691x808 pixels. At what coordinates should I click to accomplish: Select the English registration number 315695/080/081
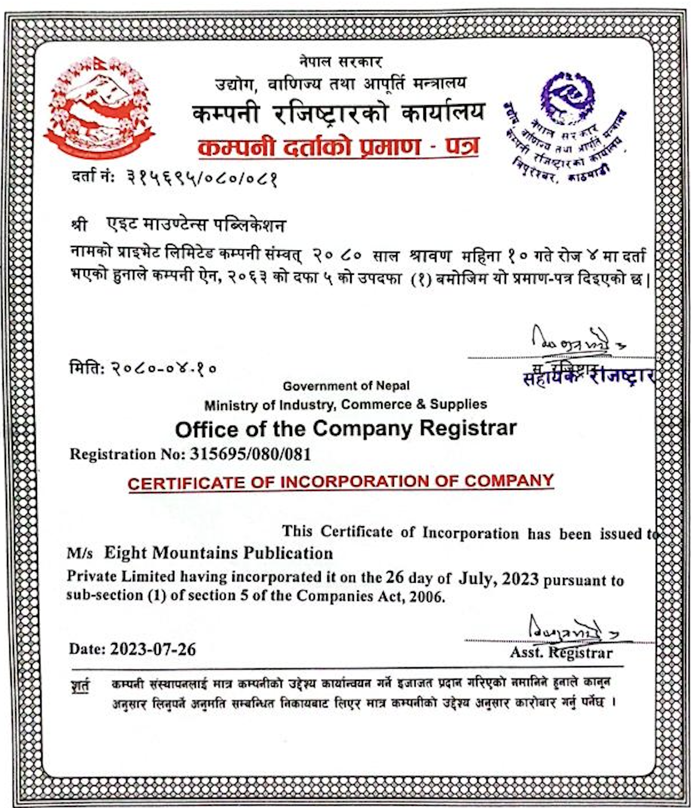tap(250, 454)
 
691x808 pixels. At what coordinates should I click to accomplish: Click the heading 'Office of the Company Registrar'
tap(346, 429)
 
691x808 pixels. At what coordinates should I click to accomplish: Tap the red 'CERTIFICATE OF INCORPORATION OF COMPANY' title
tap(341, 482)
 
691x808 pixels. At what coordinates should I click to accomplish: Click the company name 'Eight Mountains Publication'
tap(218, 553)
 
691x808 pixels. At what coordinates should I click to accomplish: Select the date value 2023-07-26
tap(153, 649)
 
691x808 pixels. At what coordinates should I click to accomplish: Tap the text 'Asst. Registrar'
tap(561, 653)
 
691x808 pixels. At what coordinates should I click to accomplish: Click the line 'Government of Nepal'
tap(346, 386)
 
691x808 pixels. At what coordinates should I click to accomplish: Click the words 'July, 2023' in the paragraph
tap(499, 578)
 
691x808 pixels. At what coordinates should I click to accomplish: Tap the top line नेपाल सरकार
tap(340, 62)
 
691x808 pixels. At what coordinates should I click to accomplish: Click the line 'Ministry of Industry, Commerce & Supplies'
tap(346, 405)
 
